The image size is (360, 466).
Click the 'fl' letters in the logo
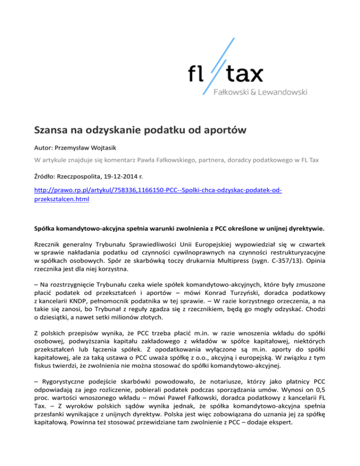point(195,74)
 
